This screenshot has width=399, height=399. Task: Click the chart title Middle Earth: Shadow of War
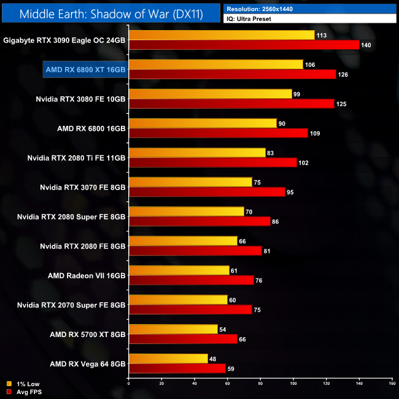click(x=111, y=12)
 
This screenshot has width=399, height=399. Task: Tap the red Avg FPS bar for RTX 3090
click(x=244, y=45)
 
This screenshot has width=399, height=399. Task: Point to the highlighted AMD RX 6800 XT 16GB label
click(x=85, y=69)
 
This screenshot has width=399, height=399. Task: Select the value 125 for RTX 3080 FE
click(x=342, y=104)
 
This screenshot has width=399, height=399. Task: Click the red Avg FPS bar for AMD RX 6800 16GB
click(x=218, y=133)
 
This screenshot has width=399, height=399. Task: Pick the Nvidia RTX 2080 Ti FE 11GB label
click(x=77, y=158)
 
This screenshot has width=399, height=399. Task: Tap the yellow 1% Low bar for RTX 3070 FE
click(x=190, y=182)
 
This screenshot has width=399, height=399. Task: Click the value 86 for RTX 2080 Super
click(x=276, y=222)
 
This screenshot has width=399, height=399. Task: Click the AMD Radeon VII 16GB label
click(x=87, y=276)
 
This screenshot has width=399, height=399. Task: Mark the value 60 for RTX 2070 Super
click(x=233, y=300)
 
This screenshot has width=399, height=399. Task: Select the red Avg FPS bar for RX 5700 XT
click(x=183, y=339)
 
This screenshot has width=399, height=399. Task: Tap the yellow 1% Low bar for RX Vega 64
click(x=168, y=358)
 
